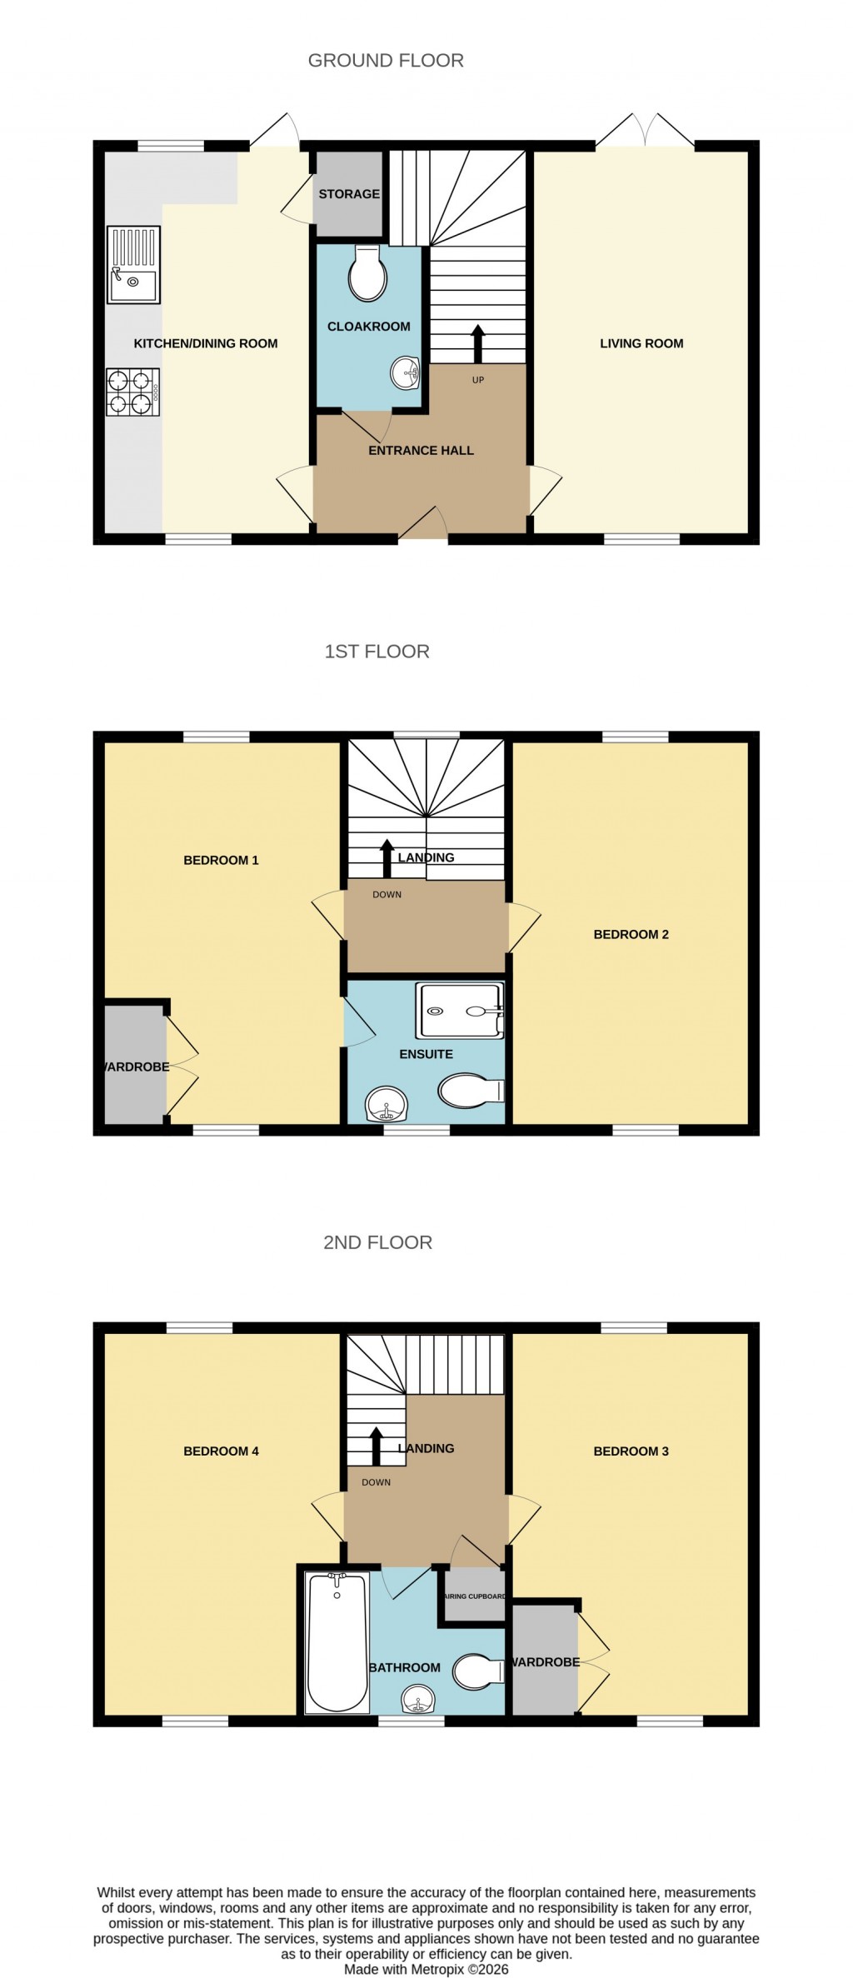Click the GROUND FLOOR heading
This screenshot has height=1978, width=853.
pos(386,60)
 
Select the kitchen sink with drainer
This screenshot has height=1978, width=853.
pos(133,265)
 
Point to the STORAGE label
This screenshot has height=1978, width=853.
pos(349,193)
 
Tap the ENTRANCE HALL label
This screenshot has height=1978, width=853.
pos(421,450)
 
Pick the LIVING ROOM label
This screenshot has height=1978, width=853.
pos(641,343)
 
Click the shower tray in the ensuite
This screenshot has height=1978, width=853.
pos(461,1011)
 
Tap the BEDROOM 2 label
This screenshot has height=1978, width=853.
pos(631,934)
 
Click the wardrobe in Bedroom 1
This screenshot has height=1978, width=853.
pos(135,1066)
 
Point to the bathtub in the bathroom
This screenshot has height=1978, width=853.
pos(337,1641)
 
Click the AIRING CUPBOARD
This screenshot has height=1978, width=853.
pos(474,1596)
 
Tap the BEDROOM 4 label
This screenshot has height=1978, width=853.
pos(221,1451)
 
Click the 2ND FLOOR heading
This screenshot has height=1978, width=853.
pos(377,1242)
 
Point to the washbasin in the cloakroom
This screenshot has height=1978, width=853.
pos(407,372)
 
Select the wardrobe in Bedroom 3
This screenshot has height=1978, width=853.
pos(544,1661)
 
